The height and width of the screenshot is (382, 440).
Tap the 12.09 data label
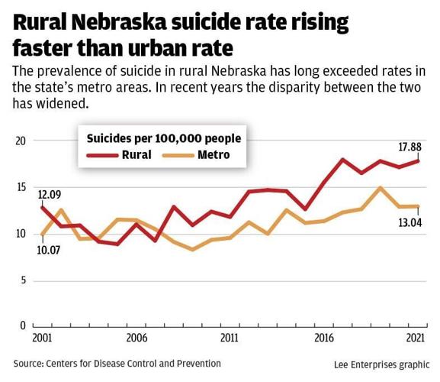point(50,194)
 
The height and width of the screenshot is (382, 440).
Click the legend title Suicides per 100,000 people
point(163,138)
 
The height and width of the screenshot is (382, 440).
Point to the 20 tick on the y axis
point(21,141)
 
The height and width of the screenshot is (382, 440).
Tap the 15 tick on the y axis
point(21,187)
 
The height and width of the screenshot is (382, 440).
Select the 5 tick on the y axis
point(23,280)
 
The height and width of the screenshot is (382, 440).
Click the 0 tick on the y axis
point(23,326)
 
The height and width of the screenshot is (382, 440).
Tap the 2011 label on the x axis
point(230,338)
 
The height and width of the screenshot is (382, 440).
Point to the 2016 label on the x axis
point(323,338)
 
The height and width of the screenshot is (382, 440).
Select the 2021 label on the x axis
point(416,338)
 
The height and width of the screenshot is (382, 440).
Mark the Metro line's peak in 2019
point(380,187)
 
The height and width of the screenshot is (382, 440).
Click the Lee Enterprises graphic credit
point(381,365)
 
